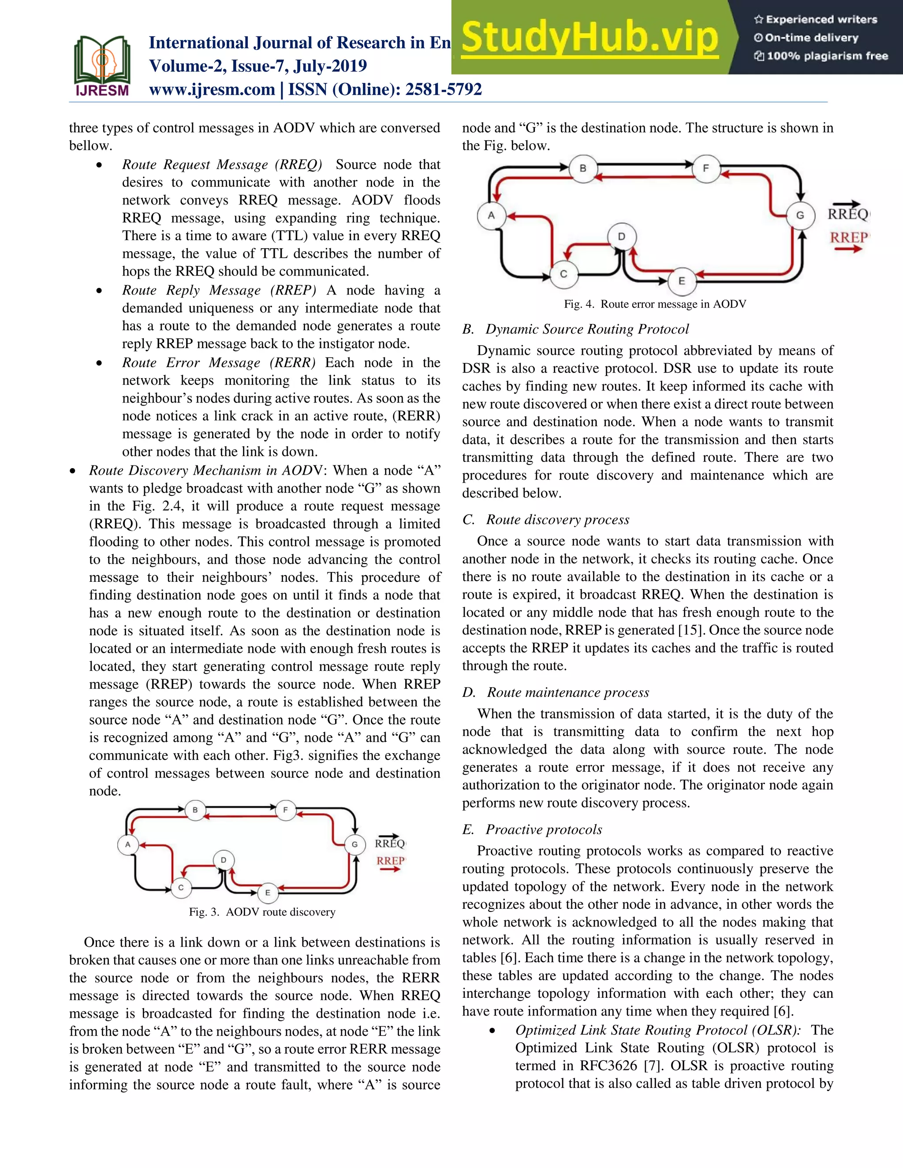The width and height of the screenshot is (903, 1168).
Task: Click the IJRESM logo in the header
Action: point(102,66)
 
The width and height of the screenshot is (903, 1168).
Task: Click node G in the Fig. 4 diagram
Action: point(800,215)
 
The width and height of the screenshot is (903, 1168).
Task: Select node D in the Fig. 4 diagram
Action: point(621,236)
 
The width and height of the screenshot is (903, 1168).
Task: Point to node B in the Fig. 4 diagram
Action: point(582,168)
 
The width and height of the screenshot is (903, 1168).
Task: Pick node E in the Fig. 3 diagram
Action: point(268,893)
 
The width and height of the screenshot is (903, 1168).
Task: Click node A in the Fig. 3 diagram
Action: point(128,844)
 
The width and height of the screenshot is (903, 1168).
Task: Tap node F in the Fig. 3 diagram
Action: point(285,810)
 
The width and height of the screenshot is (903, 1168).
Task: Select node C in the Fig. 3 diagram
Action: point(181,887)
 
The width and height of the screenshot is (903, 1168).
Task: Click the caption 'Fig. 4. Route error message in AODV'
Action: point(655,304)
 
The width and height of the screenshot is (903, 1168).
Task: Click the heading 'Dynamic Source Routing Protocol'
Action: point(587,329)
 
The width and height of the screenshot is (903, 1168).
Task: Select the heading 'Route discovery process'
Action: point(557,519)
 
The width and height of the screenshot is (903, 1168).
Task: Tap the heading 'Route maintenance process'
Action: point(567,692)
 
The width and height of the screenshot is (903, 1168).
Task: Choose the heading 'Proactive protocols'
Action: point(544,829)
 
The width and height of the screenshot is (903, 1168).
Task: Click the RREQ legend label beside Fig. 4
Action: point(848,213)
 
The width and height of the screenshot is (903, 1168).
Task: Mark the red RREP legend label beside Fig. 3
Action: point(390,861)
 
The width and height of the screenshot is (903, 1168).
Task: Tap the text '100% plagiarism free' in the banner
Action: point(827,56)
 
